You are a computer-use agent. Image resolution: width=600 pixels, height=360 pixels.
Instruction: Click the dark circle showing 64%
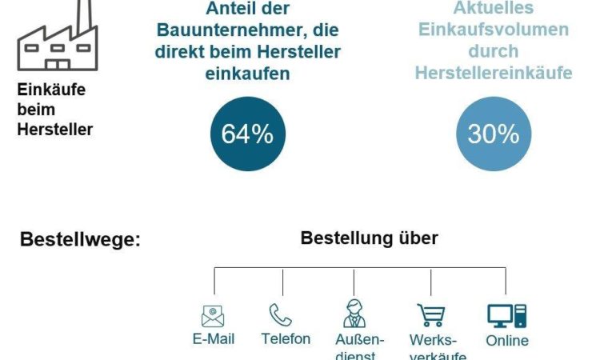click(247, 134)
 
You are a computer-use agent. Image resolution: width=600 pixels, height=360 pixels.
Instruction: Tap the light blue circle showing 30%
click(494, 134)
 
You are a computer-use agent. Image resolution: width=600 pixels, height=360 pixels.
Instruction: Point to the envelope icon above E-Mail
click(213, 316)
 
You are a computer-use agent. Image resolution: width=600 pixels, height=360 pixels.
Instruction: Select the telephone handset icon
click(281, 314)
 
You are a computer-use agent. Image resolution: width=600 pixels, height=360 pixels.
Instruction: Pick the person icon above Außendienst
click(354, 314)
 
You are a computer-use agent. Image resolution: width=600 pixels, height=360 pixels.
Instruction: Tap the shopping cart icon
click(431, 314)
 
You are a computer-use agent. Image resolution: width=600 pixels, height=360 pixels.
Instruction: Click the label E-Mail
click(214, 339)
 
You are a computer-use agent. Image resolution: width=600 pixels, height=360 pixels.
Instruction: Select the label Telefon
click(286, 339)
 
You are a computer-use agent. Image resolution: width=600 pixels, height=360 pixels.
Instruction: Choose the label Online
click(507, 341)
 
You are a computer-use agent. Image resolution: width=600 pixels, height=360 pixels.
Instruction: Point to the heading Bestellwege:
click(79, 240)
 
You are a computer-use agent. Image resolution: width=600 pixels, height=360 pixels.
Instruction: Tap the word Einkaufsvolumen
click(493, 30)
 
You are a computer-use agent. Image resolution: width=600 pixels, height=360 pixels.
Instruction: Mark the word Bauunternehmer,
click(247, 30)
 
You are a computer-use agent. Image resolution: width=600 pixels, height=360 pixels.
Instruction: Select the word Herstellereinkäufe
click(494, 73)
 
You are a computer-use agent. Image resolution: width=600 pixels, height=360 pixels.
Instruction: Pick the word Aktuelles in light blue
click(494, 9)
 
